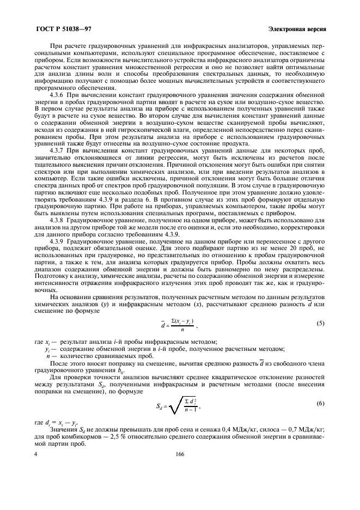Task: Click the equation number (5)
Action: click(x=321, y=324)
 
